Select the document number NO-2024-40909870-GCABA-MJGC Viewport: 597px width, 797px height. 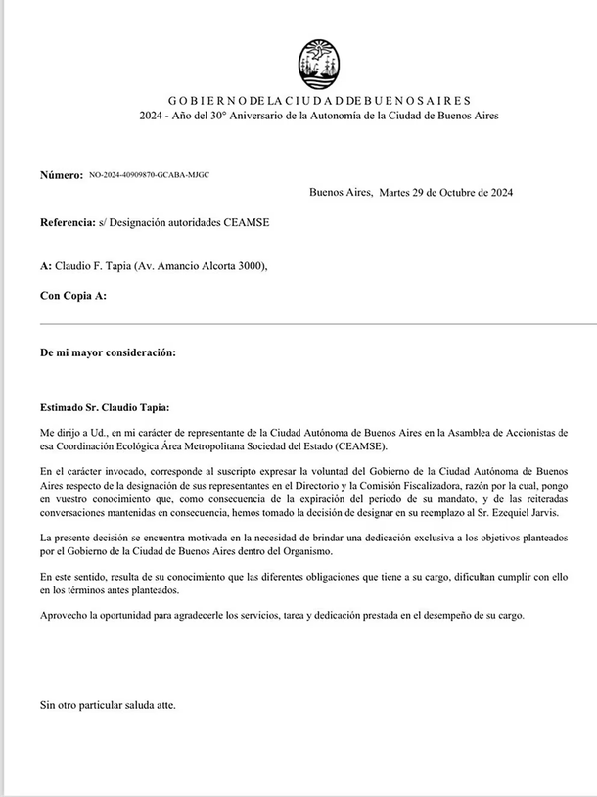(x=149, y=175)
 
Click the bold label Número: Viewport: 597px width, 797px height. (x=61, y=175)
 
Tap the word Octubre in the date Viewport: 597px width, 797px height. (x=451, y=193)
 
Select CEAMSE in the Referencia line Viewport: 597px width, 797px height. (x=248, y=222)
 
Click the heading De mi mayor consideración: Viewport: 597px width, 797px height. (x=108, y=352)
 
